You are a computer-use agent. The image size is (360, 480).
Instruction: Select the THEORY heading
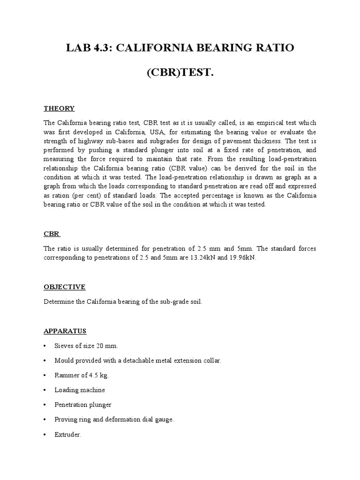[x=59, y=108]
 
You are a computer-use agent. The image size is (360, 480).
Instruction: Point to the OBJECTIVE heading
[x=65, y=286]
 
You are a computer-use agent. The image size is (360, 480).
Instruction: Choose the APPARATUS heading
[x=65, y=331]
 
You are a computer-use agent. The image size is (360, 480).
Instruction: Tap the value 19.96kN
[x=241, y=257]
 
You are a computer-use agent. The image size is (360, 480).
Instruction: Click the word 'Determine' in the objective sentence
[x=58, y=302]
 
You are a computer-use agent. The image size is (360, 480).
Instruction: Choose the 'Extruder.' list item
[x=68, y=435]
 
